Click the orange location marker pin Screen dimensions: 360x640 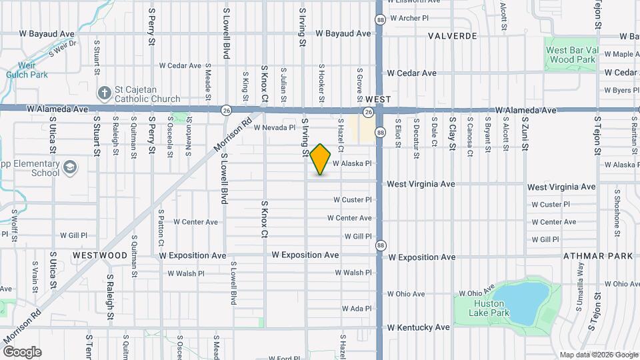click(321, 159)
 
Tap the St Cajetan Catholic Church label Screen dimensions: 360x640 click(147, 95)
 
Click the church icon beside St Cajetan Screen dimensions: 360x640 click(105, 94)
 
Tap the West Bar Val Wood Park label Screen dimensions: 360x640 click(570, 55)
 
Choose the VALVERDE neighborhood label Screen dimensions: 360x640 click(452, 35)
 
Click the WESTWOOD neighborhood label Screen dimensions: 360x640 click(100, 255)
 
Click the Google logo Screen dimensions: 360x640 click(22, 351)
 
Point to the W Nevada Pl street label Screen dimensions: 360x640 click(274, 127)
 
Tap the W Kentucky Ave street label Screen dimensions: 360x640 click(419, 327)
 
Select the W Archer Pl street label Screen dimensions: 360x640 click(409, 18)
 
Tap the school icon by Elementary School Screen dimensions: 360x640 click(70, 168)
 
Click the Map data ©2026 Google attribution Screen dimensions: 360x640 click(597, 355)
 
